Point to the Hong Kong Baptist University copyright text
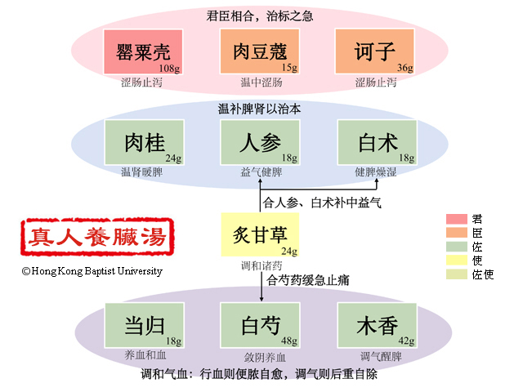pyautogui.click(x=92, y=271)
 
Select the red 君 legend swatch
pyautogui.click(x=457, y=219)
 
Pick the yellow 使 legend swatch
pyautogui.click(x=457, y=261)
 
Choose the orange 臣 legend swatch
pyautogui.click(x=457, y=233)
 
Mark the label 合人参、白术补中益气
pyautogui.click(x=321, y=202)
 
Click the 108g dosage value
pyautogui.click(x=170, y=68)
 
